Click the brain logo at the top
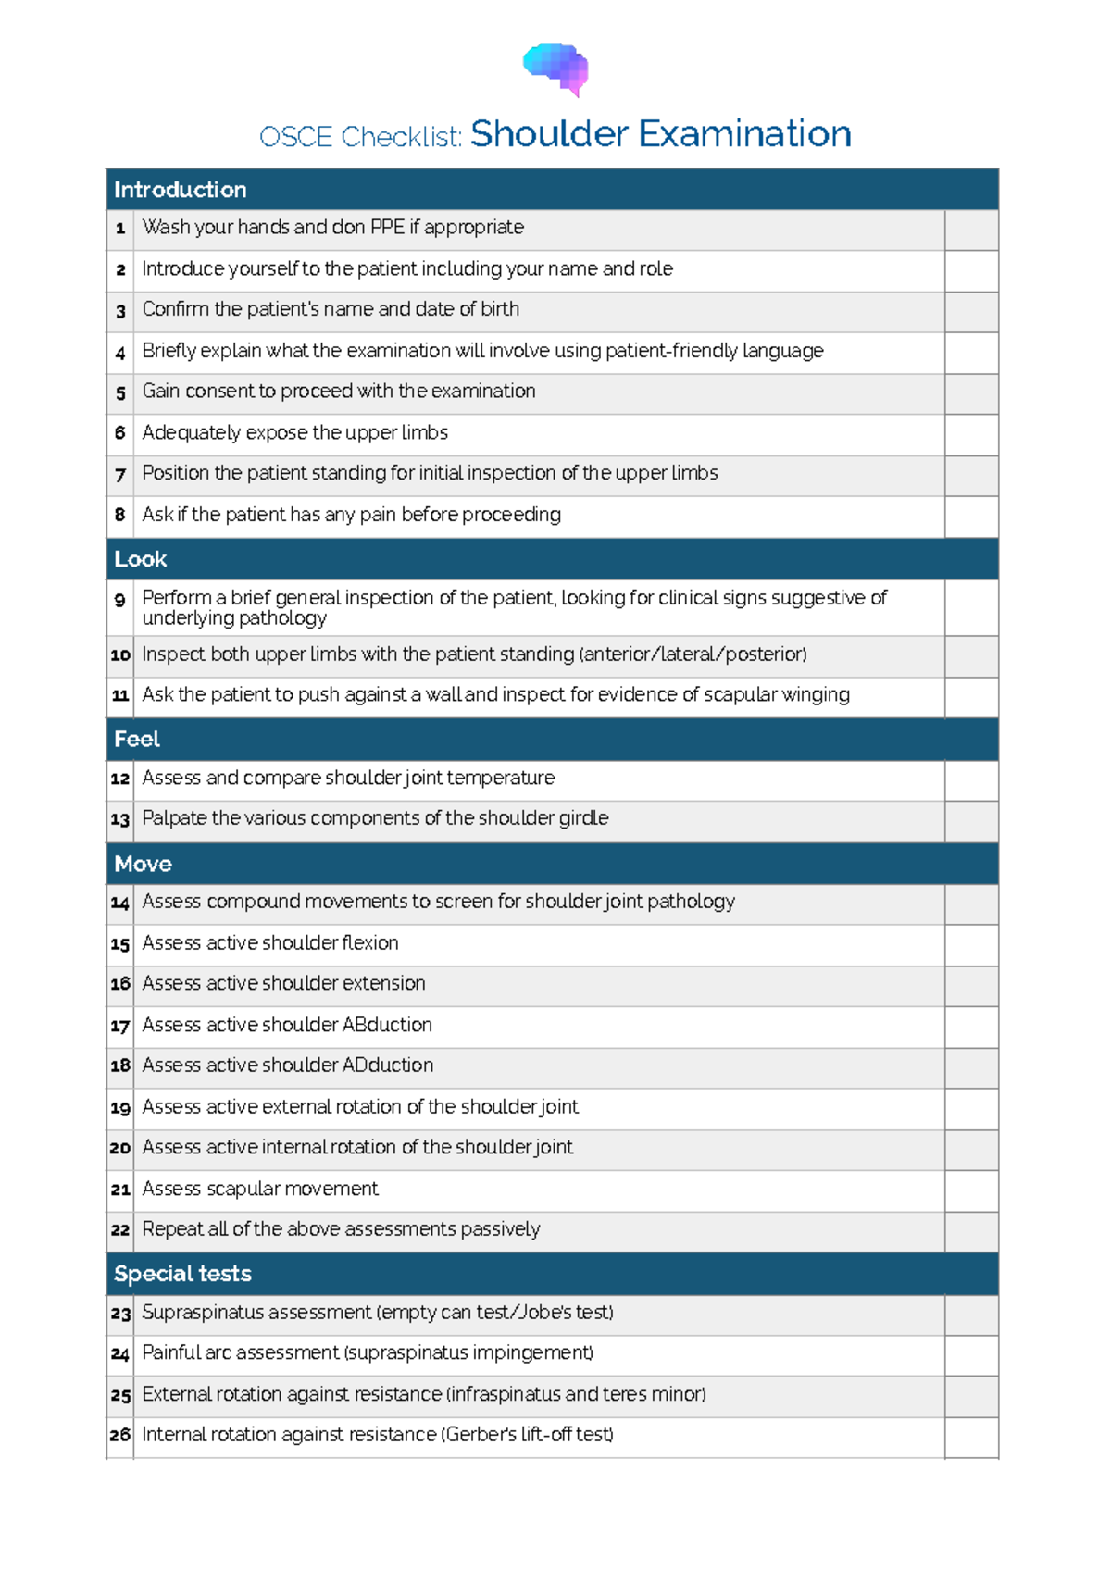[x=555, y=69]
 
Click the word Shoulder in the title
[x=549, y=134]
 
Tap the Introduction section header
[x=181, y=190]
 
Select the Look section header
[x=141, y=559]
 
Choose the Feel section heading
[x=137, y=739]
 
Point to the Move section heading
[x=143, y=864]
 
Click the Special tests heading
[x=182, y=1274]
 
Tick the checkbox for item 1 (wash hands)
[x=971, y=229]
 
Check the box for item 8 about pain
[x=971, y=516]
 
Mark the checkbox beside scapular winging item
[x=971, y=696]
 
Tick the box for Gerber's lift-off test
[x=971, y=1437]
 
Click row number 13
[x=120, y=820]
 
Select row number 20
[x=120, y=1149]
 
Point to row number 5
[x=120, y=393]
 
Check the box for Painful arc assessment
[x=971, y=1355]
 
